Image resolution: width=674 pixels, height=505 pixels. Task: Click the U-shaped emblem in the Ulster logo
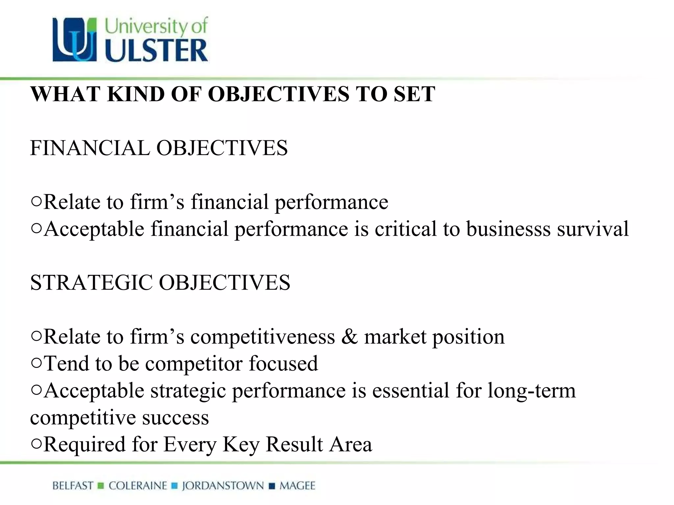click(75, 40)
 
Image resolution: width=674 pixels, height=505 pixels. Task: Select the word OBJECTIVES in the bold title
click(278, 94)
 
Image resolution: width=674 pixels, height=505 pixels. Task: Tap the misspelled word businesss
click(508, 229)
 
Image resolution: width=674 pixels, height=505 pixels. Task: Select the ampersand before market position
click(349, 337)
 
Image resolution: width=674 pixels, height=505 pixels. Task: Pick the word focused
click(283, 364)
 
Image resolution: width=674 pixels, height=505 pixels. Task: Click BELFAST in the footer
click(73, 486)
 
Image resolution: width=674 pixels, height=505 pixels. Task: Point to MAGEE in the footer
click(298, 486)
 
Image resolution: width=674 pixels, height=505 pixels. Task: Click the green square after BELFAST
click(101, 486)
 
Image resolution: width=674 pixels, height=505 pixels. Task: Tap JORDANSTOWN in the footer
click(223, 486)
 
